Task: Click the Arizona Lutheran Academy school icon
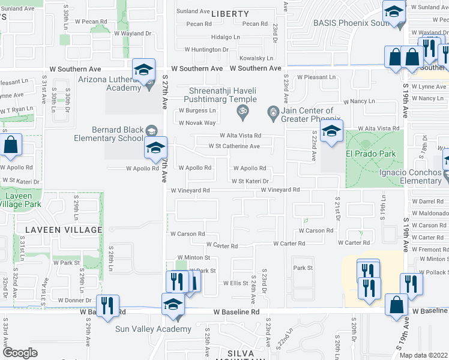pyautogui.click(x=144, y=70)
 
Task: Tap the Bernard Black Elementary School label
pyautogui.click(x=118, y=134)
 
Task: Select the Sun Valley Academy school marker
pyautogui.click(x=173, y=304)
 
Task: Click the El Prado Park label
pyautogui.click(x=366, y=154)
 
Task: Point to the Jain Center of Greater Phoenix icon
pyautogui.click(x=273, y=112)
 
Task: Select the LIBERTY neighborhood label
pyautogui.click(x=230, y=14)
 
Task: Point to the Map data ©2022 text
pyautogui.click(x=423, y=355)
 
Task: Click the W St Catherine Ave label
pyautogui.click(x=234, y=146)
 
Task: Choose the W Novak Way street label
pyautogui.click(x=197, y=123)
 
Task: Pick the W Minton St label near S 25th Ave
pyautogui.click(x=192, y=257)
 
